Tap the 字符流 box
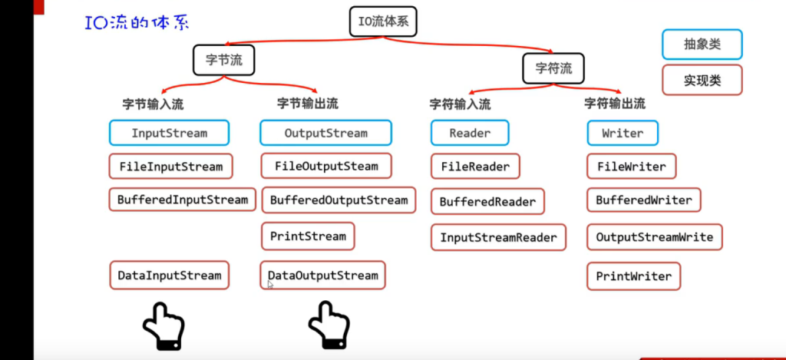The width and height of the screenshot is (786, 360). point(553,68)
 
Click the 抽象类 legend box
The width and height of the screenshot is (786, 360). point(702,45)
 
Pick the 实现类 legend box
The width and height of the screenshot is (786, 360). point(702,80)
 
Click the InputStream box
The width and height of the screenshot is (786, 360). point(169,133)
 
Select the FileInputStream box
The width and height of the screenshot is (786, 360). point(170,167)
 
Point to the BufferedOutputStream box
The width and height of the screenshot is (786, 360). point(339,200)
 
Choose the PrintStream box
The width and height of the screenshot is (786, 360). point(308,236)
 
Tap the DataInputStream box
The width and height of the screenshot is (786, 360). point(169,276)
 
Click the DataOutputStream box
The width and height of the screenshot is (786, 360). point(323,276)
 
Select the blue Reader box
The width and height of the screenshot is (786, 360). point(470,133)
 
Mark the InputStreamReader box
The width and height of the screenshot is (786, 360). point(498,238)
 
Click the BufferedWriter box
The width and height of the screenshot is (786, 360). point(644,200)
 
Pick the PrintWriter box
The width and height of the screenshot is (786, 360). point(633,276)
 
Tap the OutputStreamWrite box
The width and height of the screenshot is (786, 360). point(655,237)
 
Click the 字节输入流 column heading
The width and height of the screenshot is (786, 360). point(153,104)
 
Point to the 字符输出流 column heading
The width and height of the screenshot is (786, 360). point(615,104)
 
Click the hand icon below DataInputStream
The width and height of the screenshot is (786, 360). point(163,325)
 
